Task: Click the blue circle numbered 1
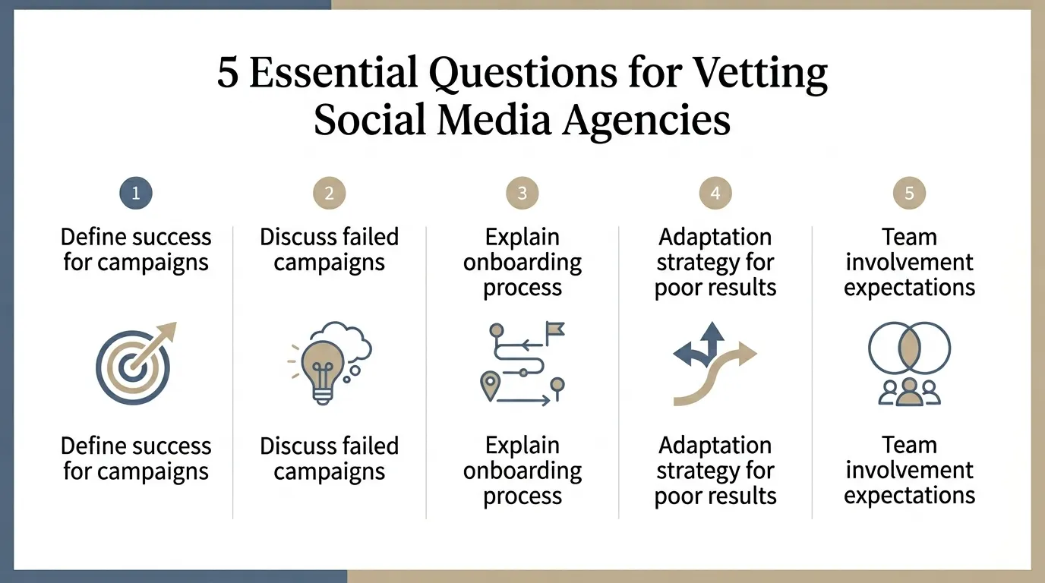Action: (136, 194)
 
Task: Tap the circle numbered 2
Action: (329, 194)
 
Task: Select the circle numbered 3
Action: (522, 194)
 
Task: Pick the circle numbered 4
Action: (715, 194)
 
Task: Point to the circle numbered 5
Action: (909, 194)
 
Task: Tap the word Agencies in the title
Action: (646, 120)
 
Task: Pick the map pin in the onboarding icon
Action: (490, 384)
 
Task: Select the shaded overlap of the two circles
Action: (909, 353)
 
